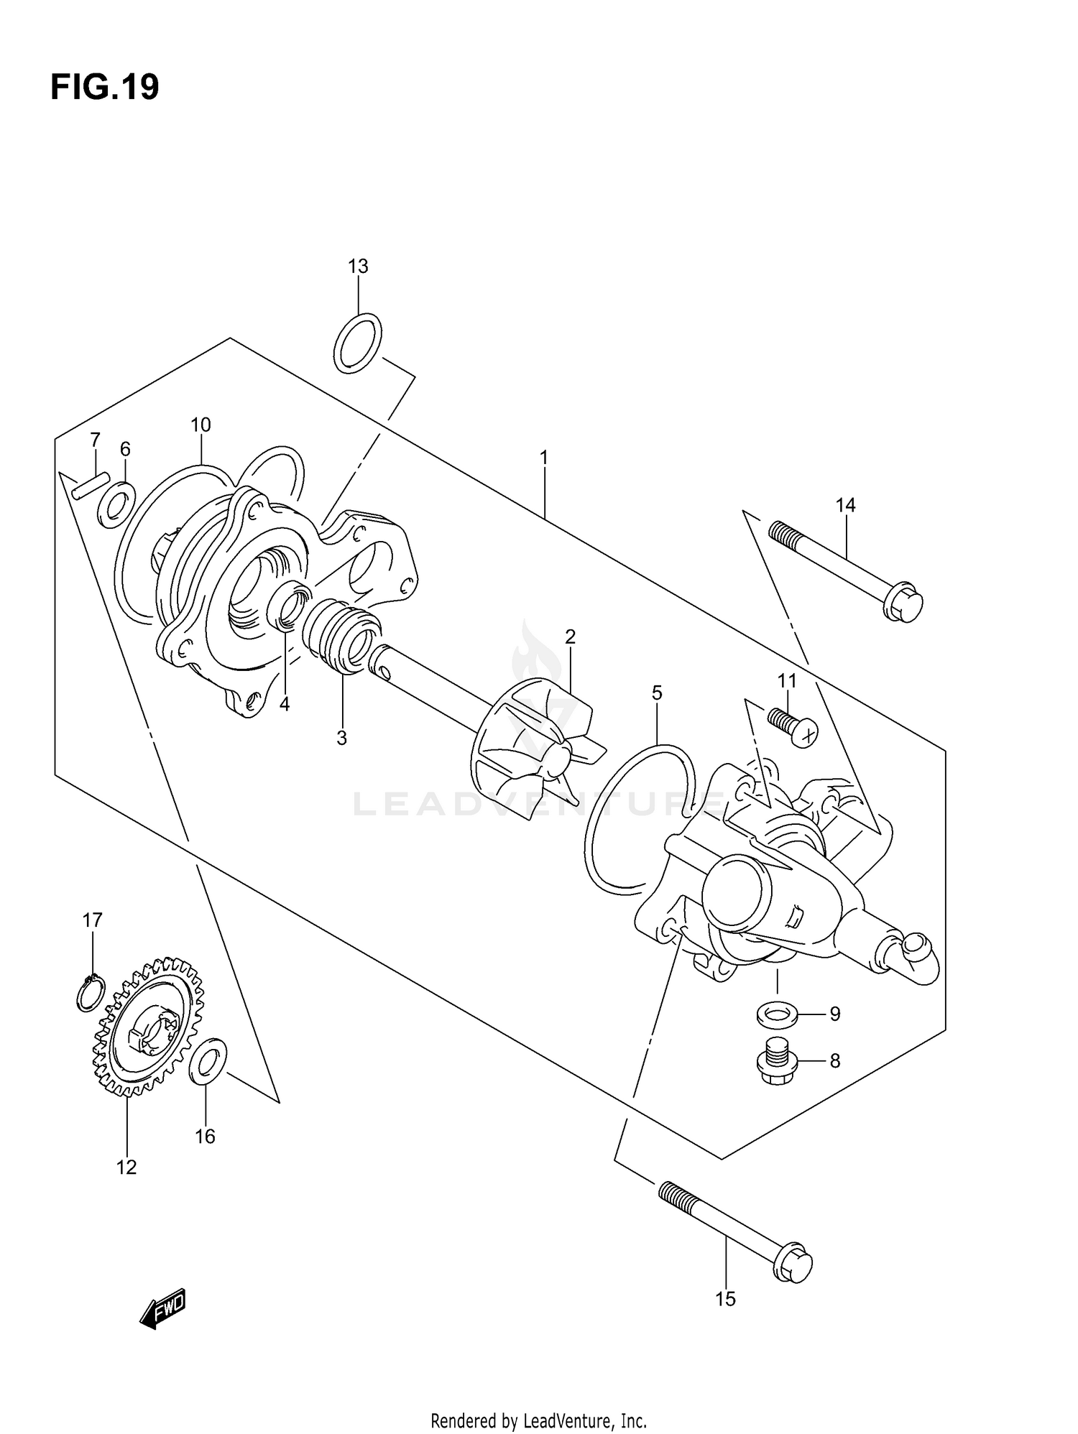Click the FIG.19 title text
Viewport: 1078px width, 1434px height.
tap(105, 88)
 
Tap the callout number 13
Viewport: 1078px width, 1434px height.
tap(358, 267)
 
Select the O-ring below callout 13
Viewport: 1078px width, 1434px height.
tap(358, 343)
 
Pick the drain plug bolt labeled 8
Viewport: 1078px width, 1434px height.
tap(778, 1063)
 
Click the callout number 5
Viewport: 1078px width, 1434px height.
tap(657, 693)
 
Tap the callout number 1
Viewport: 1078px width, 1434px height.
tap(544, 457)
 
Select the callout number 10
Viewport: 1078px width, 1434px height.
tap(201, 425)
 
